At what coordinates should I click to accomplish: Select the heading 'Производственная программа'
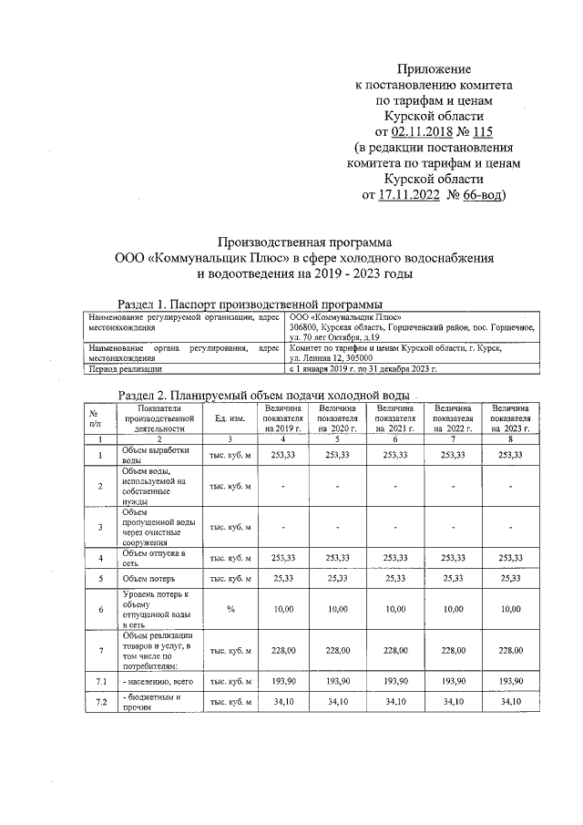point(304,242)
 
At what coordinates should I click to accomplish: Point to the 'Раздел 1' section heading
point(251,303)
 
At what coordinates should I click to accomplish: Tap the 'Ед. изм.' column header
point(230,418)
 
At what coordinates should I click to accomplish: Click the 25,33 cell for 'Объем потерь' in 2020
point(338,579)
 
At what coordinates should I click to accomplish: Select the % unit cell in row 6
point(230,608)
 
